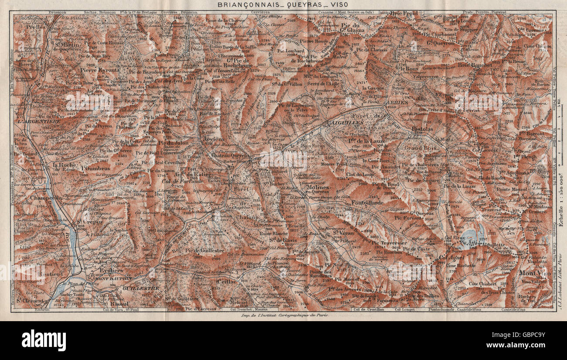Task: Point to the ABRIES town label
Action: coord(396,102)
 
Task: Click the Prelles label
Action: coord(33,26)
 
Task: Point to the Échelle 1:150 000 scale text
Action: coord(561,205)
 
